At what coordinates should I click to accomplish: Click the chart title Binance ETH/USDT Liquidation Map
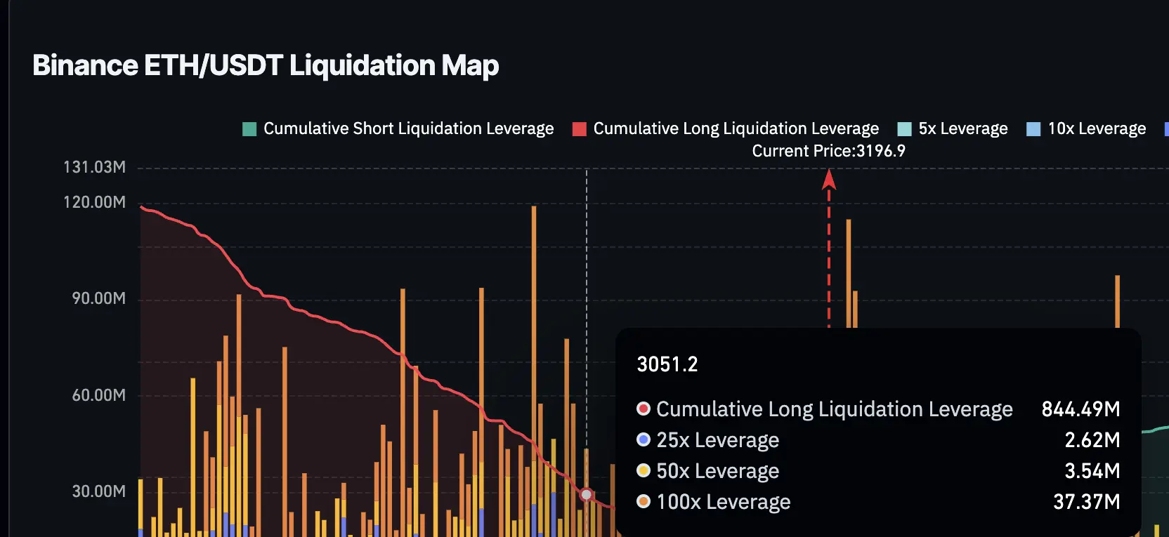(266, 65)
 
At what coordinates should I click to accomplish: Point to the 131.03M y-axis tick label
(94, 167)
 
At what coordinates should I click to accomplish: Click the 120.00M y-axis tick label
(94, 202)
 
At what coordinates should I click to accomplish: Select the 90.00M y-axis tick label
(98, 298)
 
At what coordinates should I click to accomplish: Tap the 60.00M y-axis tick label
(98, 395)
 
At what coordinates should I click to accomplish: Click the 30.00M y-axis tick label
(98, 491)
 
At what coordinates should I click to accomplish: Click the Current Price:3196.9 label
(828, 151)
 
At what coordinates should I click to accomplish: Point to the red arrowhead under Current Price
(829, 180)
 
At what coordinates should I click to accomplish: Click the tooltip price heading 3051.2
(667, 364)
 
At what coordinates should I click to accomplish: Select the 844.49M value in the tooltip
(1080, 409)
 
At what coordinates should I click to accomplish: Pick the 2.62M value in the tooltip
(1092, 440)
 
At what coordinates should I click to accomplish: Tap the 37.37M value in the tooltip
(1086, 502)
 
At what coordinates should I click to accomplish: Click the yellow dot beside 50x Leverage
(643, 470)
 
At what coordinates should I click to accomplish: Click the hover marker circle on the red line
(587, 495)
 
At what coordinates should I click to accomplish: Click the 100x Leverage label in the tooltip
(723, 502)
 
